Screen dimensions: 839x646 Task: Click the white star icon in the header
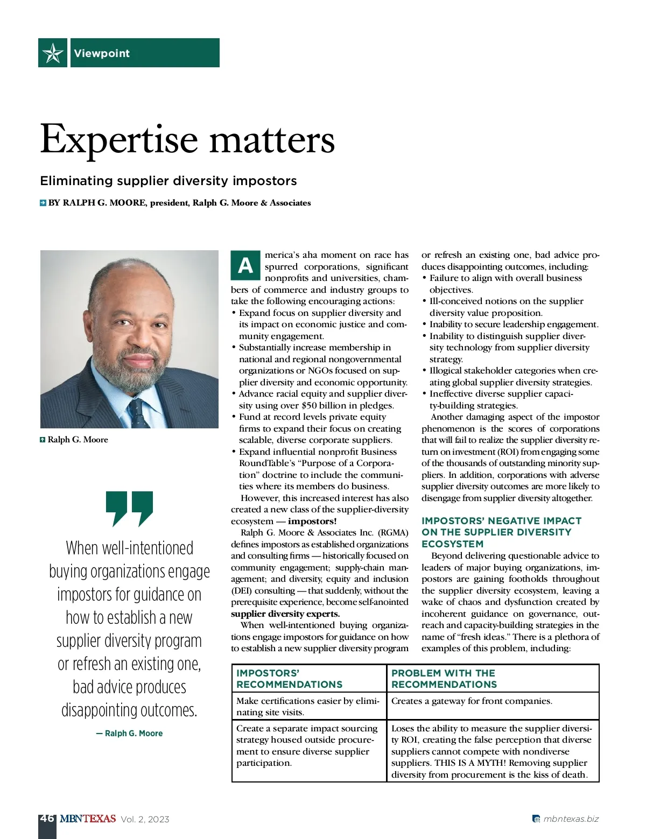53,53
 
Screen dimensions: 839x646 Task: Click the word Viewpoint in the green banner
102,53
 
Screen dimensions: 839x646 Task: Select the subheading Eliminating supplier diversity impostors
168,181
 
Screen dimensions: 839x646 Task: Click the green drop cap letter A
245,265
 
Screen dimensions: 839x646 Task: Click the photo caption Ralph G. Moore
78,440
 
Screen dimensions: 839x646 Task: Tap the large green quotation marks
129,507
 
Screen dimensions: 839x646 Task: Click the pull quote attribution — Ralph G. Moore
129,733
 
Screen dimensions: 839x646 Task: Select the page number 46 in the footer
47,818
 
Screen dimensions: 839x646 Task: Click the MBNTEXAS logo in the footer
87,819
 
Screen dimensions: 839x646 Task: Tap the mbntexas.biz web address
571,819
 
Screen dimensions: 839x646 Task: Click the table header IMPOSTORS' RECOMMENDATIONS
289,679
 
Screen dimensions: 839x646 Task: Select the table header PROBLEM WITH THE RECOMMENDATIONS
444,679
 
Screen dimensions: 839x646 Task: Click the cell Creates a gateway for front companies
471,701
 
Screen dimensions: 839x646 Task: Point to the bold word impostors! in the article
312,521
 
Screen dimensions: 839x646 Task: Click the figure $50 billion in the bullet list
325,405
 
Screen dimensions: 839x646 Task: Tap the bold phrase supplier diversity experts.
285,614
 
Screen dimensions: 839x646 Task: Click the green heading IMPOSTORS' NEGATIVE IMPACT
501,521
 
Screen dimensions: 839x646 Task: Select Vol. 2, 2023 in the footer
145,819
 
